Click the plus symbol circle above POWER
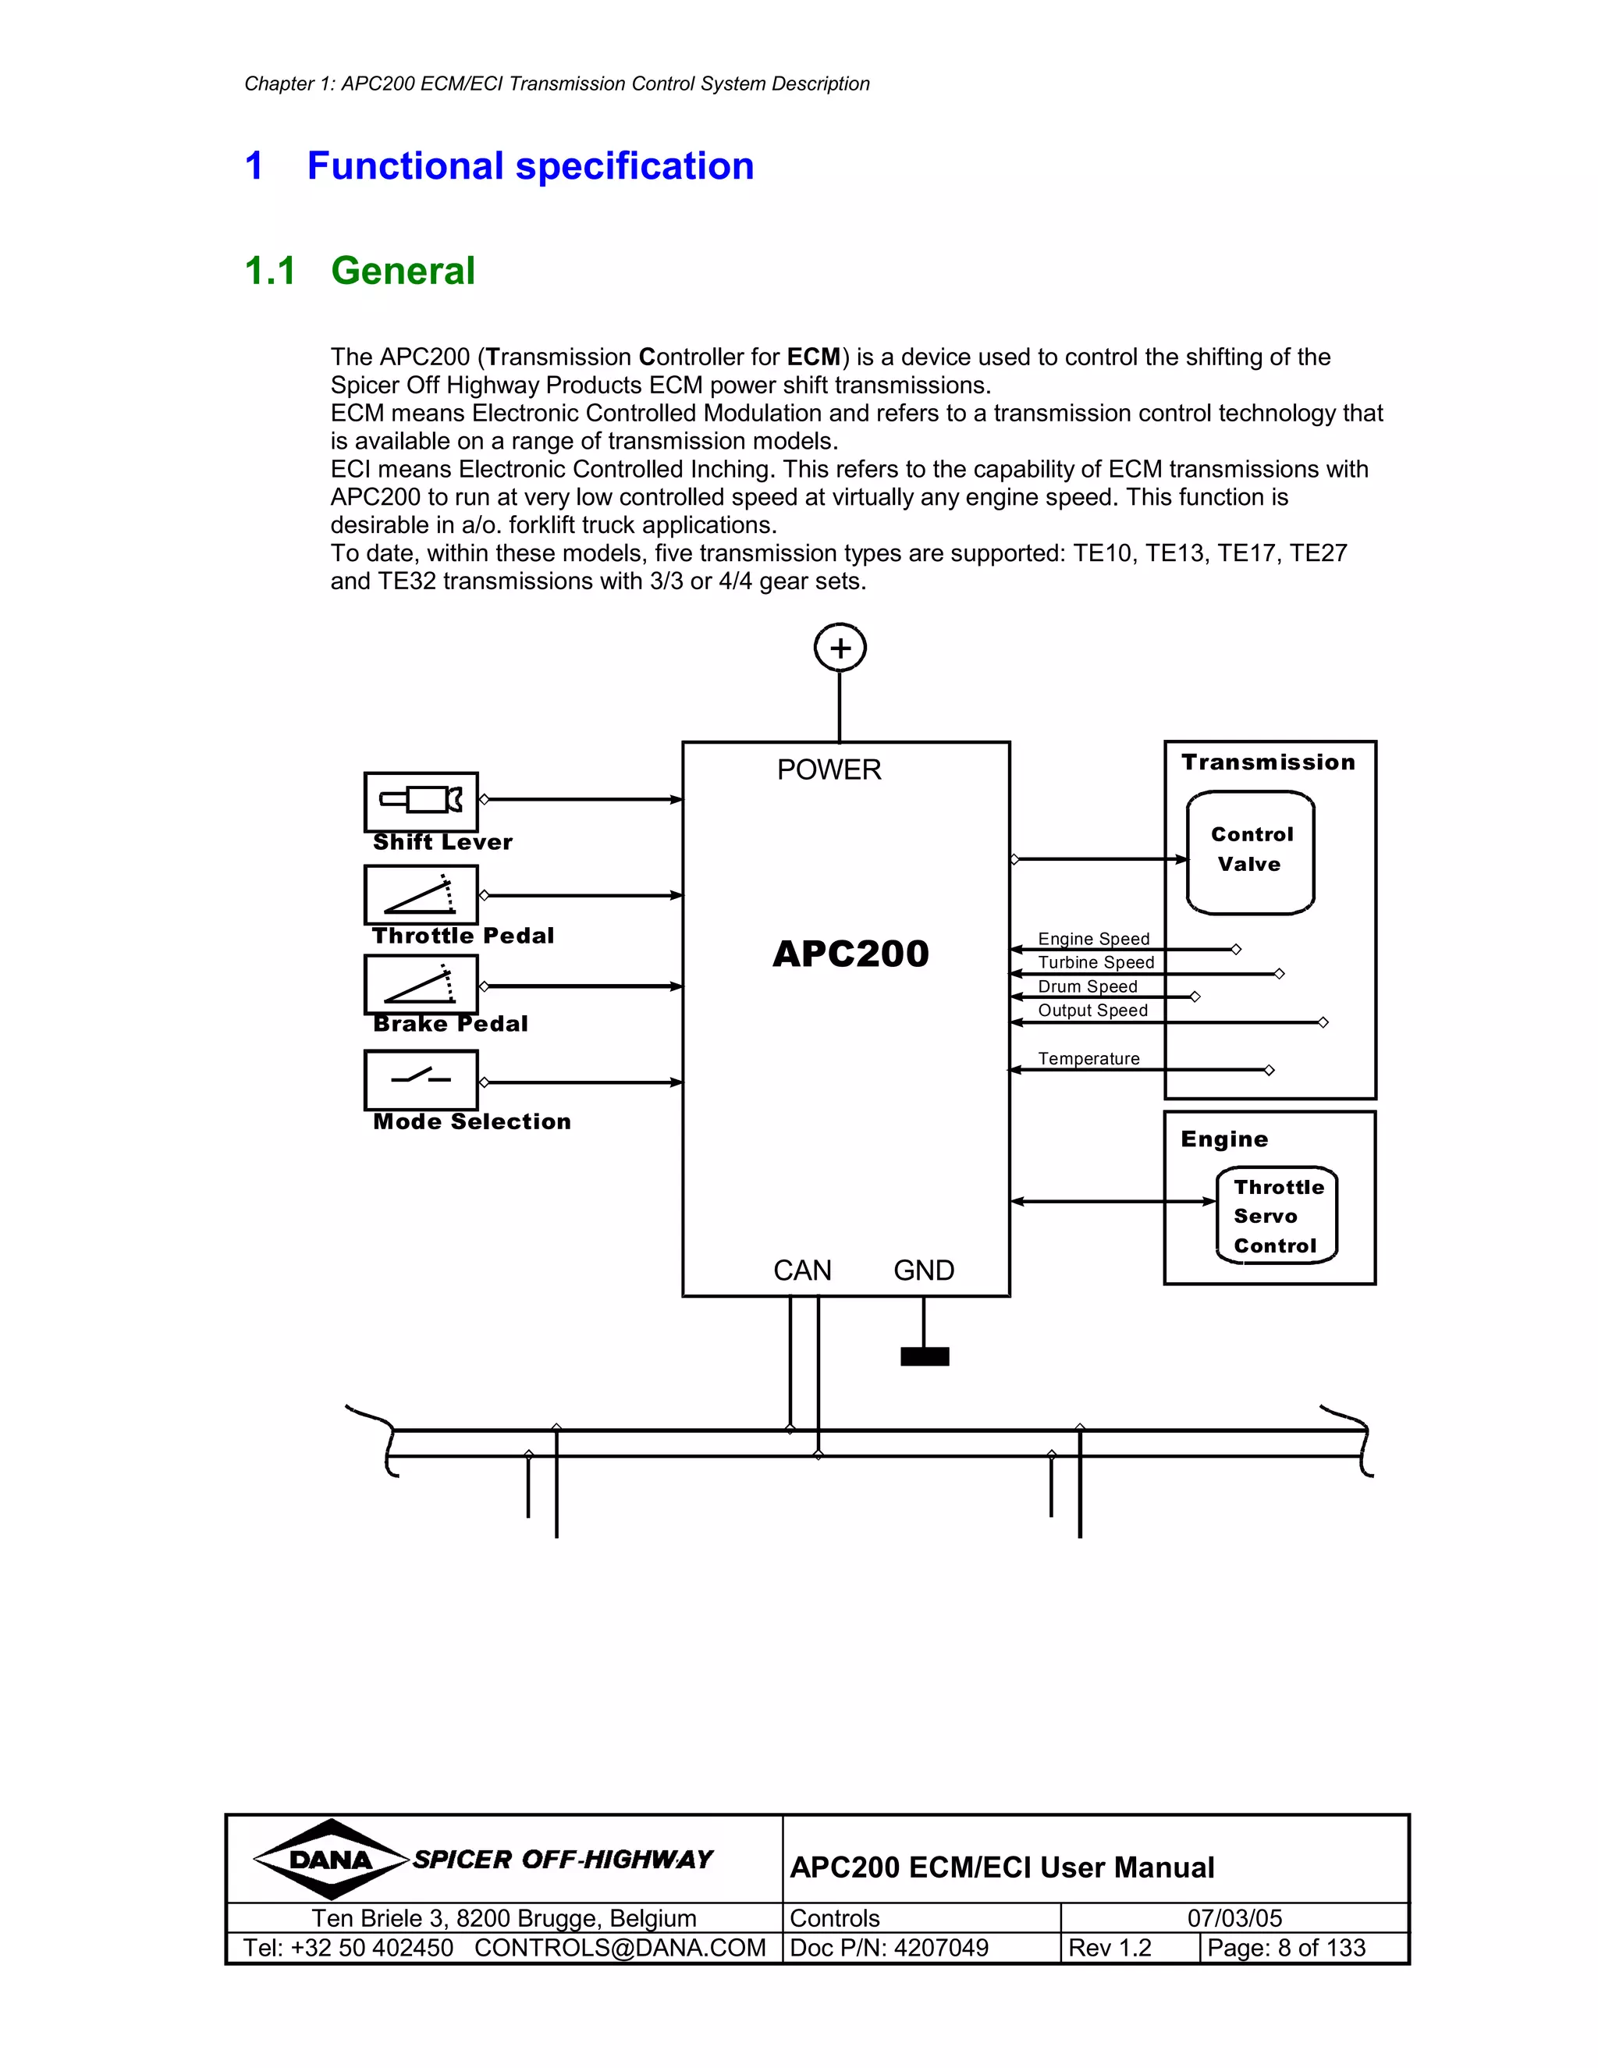840,648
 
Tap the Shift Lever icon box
421,801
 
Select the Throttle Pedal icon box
421,895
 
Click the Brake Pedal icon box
421,985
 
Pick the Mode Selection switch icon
421,1079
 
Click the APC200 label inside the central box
850,954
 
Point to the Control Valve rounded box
1251,852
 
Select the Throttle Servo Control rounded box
1276,1216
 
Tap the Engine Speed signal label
1093,938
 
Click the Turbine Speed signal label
1096,962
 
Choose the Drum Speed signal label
1087,986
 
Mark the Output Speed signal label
1092,1011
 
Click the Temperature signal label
1088,1059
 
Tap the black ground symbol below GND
924,1357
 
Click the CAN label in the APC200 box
802,1270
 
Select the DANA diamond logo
330,1860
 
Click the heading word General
403,271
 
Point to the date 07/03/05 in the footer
1234,1918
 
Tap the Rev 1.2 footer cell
1110,1948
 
